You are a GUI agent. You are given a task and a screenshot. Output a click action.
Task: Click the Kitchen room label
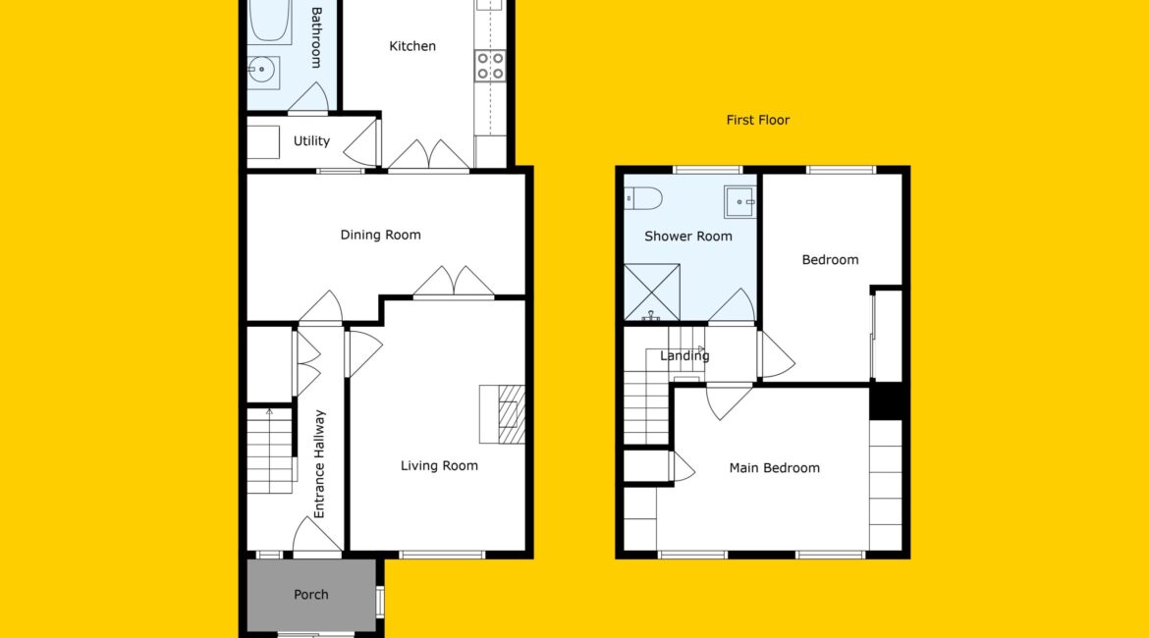pyautogui.click(x=411, y=46)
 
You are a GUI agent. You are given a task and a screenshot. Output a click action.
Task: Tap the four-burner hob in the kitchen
pyautogui.click(x=489, y=65)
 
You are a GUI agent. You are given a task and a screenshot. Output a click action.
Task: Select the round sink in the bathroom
pyautogui.click(x=261, y=71)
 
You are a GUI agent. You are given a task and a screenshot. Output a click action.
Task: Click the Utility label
pyautogui.click(x=311, y=140)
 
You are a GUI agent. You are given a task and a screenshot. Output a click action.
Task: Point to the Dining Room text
pyautogui.click(x=380, y=236)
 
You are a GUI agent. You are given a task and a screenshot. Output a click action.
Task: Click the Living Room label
pyautogui.click(x=439, y=466)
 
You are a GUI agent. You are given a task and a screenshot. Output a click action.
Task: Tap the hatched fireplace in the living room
pyautogui.click(x=511, y=414)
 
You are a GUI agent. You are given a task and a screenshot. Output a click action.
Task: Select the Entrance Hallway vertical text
pyautogui.click(x=319, y=463)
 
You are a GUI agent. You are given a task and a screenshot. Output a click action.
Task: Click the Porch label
pyautogui.click(x=310, y=595)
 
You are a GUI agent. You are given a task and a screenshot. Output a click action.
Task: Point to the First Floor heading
pyautogui.click(x=758, y=120)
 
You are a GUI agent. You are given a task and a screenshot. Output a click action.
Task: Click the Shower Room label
pyautogui.click(x=688, y=237)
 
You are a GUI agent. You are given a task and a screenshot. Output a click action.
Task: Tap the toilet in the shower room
pyautogui.click(x=643, y=198)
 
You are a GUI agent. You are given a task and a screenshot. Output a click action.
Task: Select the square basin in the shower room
pyautogui.click(x=739, y=202)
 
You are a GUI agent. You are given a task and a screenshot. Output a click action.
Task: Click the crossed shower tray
pyautogui.click(x=651, y=292)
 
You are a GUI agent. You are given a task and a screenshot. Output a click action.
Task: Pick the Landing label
pyautogui.click(x=684, y=356)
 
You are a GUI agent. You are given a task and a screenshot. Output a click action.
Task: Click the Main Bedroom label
pyautogui.click(x=774, y=468)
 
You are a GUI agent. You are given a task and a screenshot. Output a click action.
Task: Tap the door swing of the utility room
pyautogui.click(x=360, y=142)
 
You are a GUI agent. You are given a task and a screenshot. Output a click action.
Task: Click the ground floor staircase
pyautogui.click(x=270, y=451)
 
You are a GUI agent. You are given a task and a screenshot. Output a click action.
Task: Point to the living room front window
pyautogui.click(x=442, y=555)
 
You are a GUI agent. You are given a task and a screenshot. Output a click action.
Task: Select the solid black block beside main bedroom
pyautogui.click(x=886, y=401)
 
